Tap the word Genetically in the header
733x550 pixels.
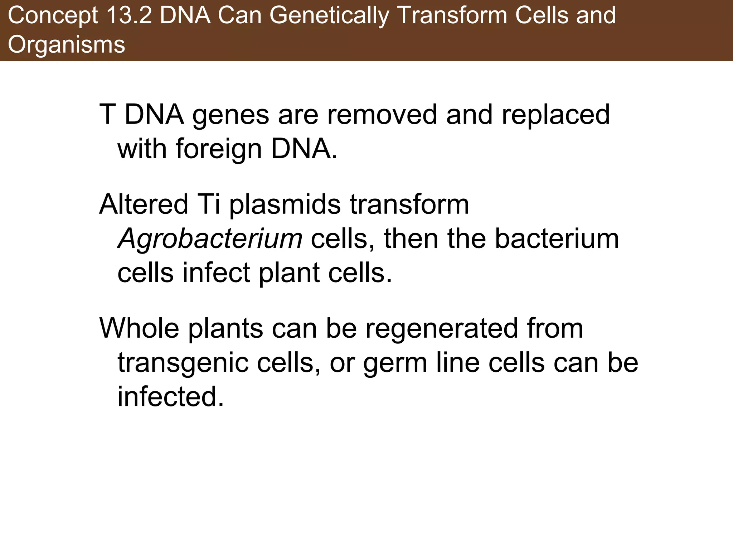click(x=329, y=16)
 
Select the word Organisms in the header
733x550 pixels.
click(x=67, y=45)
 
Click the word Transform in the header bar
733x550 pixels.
click(x=453, y=16)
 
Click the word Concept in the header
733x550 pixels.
click(x=53, y=16)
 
